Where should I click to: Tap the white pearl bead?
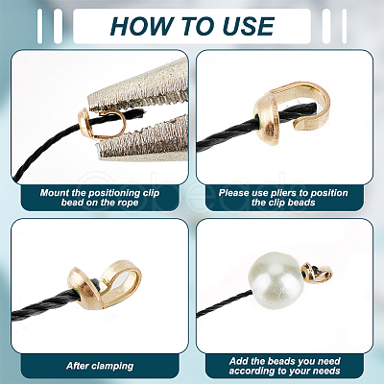tap(276, 280)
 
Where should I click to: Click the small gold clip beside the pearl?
tap(317, 274)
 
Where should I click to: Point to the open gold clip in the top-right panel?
tap(292, 112)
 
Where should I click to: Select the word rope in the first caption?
tap(127, 203)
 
